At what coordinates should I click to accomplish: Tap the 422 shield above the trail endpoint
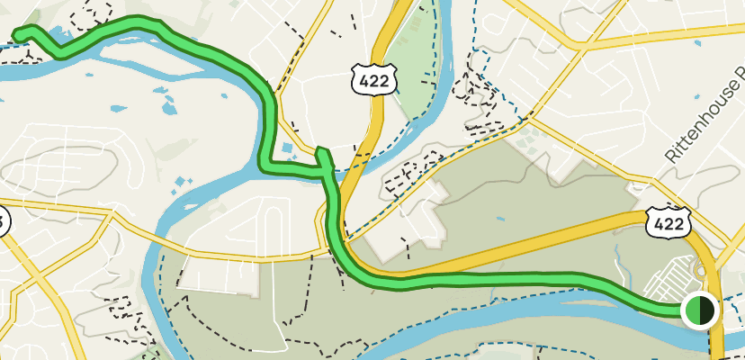[667, 221]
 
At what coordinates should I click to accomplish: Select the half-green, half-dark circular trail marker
[699, 310]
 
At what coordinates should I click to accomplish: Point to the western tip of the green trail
[17, 35]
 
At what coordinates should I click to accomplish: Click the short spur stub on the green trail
[322, 154]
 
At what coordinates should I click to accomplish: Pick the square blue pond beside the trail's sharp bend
[286, 148]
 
